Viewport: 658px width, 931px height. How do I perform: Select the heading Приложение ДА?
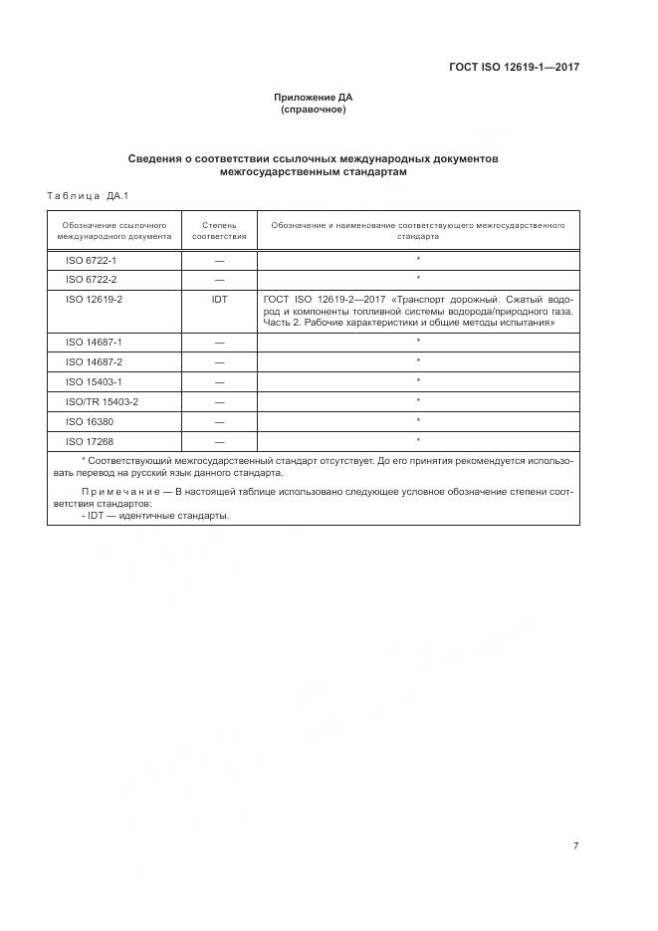click(314, 98)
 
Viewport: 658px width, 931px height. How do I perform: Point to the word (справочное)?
click(314, 110)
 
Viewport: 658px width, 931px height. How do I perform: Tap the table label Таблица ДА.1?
click(89, 195)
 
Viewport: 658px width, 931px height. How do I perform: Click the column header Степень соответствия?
click(219, 231)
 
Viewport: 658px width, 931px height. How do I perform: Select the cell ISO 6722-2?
click(92, 279)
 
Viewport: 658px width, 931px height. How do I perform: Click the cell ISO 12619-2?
click(94, 298)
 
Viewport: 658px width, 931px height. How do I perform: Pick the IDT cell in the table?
click(219, 298)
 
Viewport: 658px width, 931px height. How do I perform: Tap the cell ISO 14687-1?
click(94, 342)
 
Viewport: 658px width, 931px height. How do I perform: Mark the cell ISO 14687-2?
click(94, 361)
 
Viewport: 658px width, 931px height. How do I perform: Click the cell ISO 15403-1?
click(94, 381)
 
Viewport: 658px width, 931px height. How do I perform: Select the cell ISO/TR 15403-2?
click(102, 401)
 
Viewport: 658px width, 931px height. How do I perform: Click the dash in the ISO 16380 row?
click(219, 421)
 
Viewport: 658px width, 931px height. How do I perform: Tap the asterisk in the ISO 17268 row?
click(418, 439)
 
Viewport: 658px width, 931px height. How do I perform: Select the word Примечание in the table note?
click(121, 492)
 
